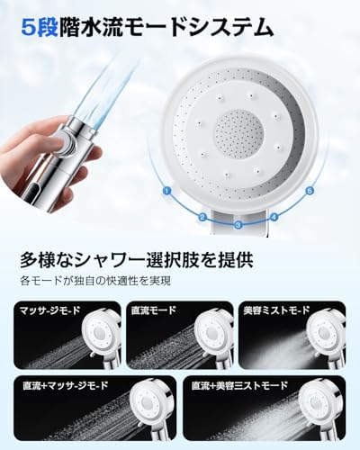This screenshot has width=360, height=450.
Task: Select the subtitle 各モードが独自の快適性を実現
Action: [x=97, y=282]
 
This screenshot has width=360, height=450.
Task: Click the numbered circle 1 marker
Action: [x=166, y=191]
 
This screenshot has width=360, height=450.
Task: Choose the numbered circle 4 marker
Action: [x=273, y=217]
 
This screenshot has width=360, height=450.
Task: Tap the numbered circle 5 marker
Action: [x=310, y=191]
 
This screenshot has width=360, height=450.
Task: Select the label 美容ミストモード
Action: [x=278, y=310]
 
